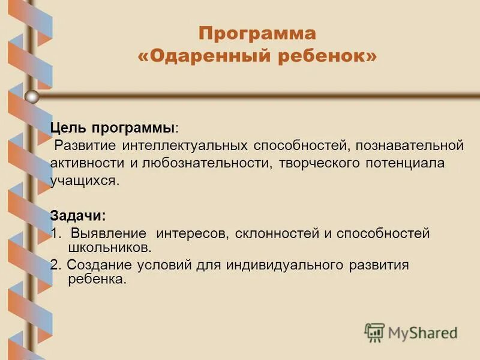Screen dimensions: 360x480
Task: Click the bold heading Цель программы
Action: [113, 128]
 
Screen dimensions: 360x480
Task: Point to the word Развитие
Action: [86, 146]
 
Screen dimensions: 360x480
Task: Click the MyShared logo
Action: [410, 332]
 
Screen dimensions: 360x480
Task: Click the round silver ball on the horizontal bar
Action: [32, 97]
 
